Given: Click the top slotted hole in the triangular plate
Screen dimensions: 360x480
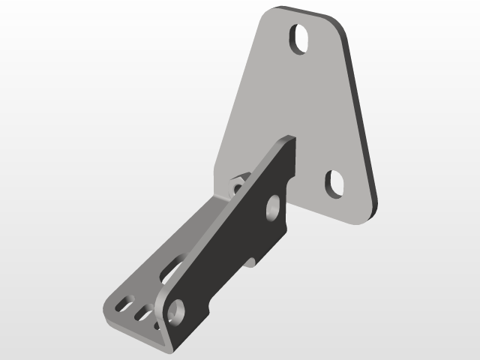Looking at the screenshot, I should (x=301, y=40).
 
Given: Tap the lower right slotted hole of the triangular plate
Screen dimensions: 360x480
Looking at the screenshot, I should (x=334, y=183).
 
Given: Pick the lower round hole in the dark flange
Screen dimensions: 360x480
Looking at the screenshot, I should (x=177, y=308).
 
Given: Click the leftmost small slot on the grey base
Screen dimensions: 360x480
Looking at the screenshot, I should (x=122, y=303).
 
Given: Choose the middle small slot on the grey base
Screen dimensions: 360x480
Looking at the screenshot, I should (x=141, y=310).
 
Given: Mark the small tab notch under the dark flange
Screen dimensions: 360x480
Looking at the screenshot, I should (x=251, y=262).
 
